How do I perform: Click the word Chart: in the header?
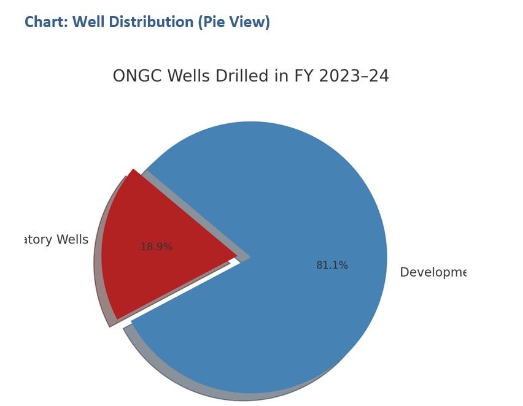point(47,23)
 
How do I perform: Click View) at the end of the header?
point(251,23)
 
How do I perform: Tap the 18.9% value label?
point(157,247)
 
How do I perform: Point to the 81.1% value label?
point(332,266)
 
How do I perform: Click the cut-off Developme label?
point(433,272)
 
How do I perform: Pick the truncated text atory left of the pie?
point(37,240)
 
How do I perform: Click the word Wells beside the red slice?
point(72,240)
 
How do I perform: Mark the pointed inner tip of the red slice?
point(235,256)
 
